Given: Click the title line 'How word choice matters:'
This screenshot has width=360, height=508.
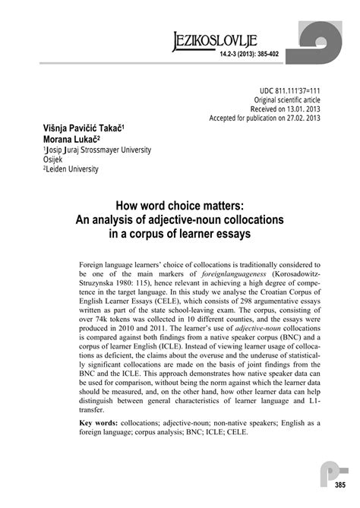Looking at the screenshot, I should tap(178, 206).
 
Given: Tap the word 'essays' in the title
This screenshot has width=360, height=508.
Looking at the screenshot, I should tap(233, 232).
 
